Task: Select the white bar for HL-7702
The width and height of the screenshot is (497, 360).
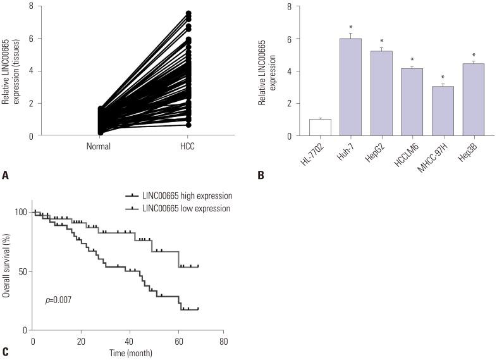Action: pyautogui.click(x=321, y=127)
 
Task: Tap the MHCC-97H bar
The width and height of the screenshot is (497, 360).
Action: pyautogui.click(x=443, y=111)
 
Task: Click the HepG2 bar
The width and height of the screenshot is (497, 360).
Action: pyautogui.click(x=381, y=94)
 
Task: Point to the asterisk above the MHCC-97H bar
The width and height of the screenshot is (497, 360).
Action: pyautogui.click(x=443, y=78)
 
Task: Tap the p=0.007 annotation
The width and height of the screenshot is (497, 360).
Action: pyautogui.click(x=58, y=299)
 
